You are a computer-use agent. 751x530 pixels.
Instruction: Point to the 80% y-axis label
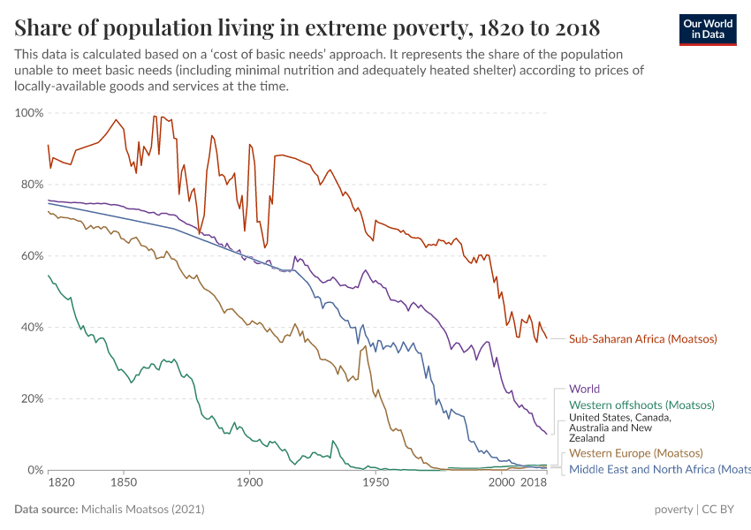tap(31, 185)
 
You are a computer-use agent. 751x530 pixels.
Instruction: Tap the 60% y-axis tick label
tap(31, 256)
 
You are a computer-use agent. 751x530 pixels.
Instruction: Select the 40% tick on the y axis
tap(31, 327)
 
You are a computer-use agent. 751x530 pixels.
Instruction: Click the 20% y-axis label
tap(31, 398)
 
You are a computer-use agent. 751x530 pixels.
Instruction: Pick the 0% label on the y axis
tap(34, 470)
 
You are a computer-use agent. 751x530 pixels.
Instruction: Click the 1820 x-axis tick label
tap(61, 483)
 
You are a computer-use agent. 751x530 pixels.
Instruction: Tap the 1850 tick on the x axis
tap(124, 483)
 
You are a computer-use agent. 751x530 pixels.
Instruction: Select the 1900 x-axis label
tap(249, 483)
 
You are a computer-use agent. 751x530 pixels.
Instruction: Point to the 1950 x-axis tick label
tap(375, 483)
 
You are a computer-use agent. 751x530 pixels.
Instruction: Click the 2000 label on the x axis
tap(501, 483)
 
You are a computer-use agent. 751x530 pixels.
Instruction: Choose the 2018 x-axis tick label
tap(533, 483)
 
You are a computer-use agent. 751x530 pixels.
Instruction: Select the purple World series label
tap(585, 389)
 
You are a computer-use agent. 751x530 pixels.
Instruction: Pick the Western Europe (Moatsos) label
tap(636, 453)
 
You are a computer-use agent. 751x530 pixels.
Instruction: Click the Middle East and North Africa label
tap(658, 469)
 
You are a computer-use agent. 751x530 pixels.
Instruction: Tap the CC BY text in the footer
tap(718, 510)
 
